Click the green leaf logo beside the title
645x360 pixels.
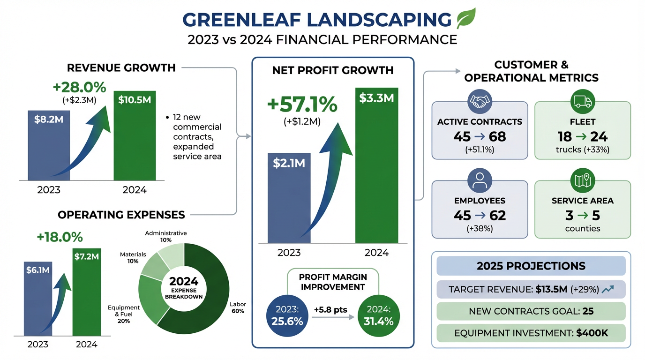[466, 19]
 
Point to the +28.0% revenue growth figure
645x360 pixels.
[79, 88]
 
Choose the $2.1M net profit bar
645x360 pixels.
[289, 197]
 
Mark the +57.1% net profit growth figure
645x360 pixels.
[302, 105]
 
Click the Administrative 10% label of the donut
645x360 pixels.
[165, 236]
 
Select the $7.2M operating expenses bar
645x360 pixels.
[87, 291]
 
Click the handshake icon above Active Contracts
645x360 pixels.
[480, 102]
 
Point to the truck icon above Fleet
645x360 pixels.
[583, 102]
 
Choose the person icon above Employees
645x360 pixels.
[480, 180]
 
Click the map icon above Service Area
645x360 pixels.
[583, 180]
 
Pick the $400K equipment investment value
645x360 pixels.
[592, 333]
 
